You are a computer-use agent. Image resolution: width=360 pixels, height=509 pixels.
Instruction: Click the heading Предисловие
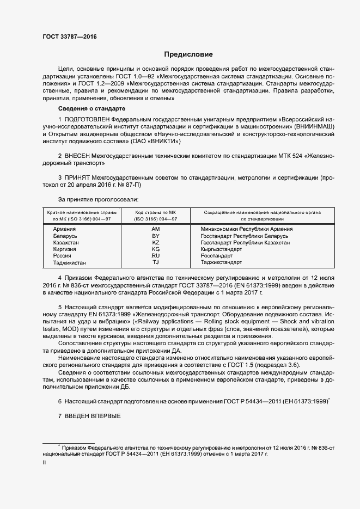(189, 54)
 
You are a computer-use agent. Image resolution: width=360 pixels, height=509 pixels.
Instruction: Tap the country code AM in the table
(155, 229)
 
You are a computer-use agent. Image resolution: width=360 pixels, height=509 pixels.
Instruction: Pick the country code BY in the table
(155, 236)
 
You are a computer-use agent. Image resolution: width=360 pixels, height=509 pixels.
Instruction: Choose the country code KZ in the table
(155, 242)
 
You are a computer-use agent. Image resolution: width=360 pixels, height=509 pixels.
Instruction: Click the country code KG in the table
(155, 249)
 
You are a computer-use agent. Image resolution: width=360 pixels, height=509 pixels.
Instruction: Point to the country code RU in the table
(155, 255)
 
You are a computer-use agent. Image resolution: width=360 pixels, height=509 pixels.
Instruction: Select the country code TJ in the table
(155, 262)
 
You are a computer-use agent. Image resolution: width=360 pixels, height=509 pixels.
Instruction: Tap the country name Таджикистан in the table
(69, 262)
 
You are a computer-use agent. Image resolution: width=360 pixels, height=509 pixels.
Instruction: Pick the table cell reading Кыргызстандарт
(221, 249)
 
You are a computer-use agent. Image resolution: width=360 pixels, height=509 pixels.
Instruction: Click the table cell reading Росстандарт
(217, 255)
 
